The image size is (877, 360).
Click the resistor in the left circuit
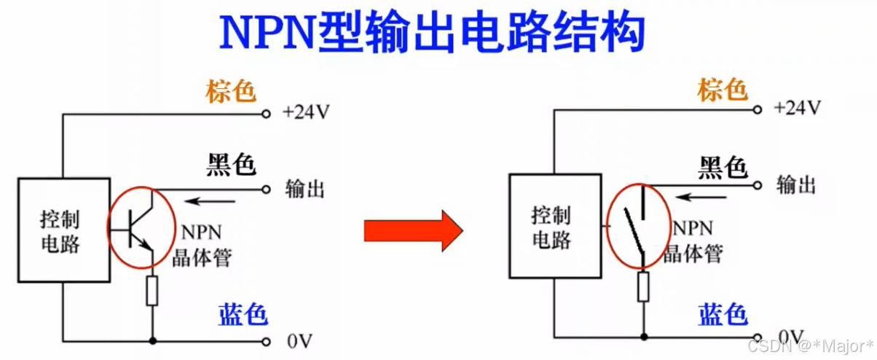[152, 291]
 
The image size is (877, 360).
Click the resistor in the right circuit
[643, 286]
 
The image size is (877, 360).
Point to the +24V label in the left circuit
[306, 113]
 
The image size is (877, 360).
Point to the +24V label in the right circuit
[797, 109]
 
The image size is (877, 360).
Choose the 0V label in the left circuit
[299, 340]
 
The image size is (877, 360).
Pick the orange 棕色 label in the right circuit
[723, 90]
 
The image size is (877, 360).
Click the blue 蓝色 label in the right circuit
[723, 314]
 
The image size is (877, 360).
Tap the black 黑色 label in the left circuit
[230, 165]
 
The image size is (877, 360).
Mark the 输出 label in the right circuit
[795, 185]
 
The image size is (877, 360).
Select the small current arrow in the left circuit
[212, 200]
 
